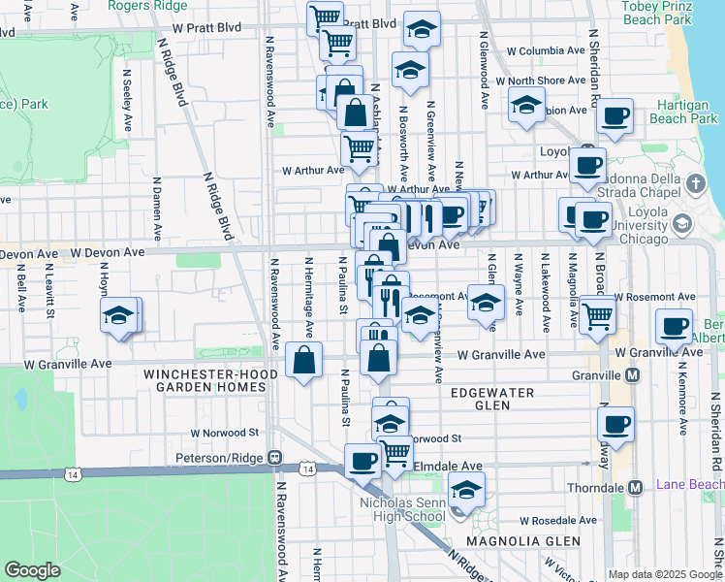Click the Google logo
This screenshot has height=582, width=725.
(32, 570)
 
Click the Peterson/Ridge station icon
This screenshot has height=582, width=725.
(275, 457)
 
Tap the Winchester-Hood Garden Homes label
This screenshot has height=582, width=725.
(205, 380)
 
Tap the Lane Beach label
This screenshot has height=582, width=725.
(690, 484)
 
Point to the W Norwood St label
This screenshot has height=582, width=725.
(225, 433)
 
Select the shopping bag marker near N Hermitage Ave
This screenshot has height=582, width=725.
(304, 360)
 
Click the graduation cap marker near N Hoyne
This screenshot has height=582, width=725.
(119, 316)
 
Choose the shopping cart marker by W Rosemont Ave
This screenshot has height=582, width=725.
(597, 314)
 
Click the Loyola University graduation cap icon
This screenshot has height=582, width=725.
(681, 225)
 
